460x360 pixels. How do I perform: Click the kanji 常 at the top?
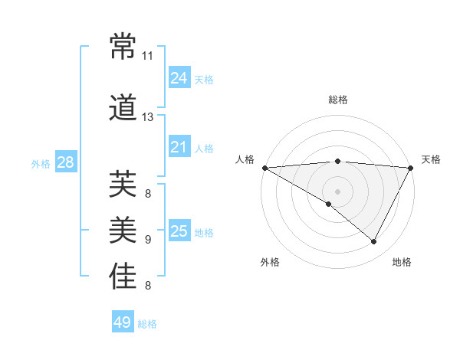pos(123,47)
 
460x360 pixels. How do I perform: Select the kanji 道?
pos(123,107)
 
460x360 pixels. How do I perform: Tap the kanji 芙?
pos(123,184)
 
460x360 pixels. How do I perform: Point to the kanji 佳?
pos(123,277)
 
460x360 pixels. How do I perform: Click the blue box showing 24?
pos(179,78)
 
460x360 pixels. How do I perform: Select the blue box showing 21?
pos(179,147)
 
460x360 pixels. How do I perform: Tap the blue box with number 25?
pos(179,231)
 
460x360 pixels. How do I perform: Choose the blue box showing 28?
pos(65,162)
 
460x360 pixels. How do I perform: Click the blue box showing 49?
pos(122,322)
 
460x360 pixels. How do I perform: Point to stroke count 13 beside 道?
pos(148,117)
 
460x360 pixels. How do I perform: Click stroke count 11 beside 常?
pos(148,56)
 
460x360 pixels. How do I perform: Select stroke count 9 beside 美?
pos(148,240)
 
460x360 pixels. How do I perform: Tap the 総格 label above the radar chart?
pos(337,100)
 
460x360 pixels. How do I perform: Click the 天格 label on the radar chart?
pos(431,159)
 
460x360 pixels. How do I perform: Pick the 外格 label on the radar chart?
pos(270,262)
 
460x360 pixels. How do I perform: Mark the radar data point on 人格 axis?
pos(264,168)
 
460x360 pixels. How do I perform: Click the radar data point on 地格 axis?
pos(374,241)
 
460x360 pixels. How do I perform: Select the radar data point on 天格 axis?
pos(411,168)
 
